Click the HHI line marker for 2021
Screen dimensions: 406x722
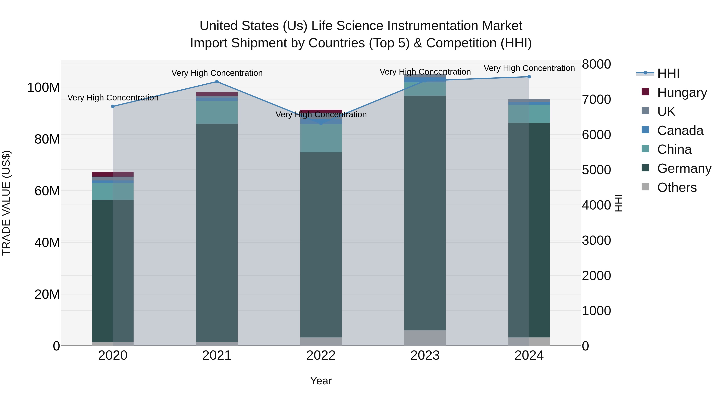[217, 82]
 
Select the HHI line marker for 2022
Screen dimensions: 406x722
[321, 123]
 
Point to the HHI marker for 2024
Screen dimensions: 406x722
[529, 77]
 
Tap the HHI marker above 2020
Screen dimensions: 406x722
[113, 106]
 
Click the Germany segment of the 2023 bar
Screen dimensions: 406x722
[425, 213]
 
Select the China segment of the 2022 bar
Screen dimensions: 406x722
[321, 138]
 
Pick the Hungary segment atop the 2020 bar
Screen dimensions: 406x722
[113, 174]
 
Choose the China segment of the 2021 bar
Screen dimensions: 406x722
[217, 112]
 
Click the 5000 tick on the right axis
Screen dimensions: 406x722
[596, 170]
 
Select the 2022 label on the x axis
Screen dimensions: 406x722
[321, 355]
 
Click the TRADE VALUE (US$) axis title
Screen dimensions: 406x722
[6, 203]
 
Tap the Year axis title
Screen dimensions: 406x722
[321, 381]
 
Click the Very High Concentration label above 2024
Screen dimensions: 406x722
[529, 68]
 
